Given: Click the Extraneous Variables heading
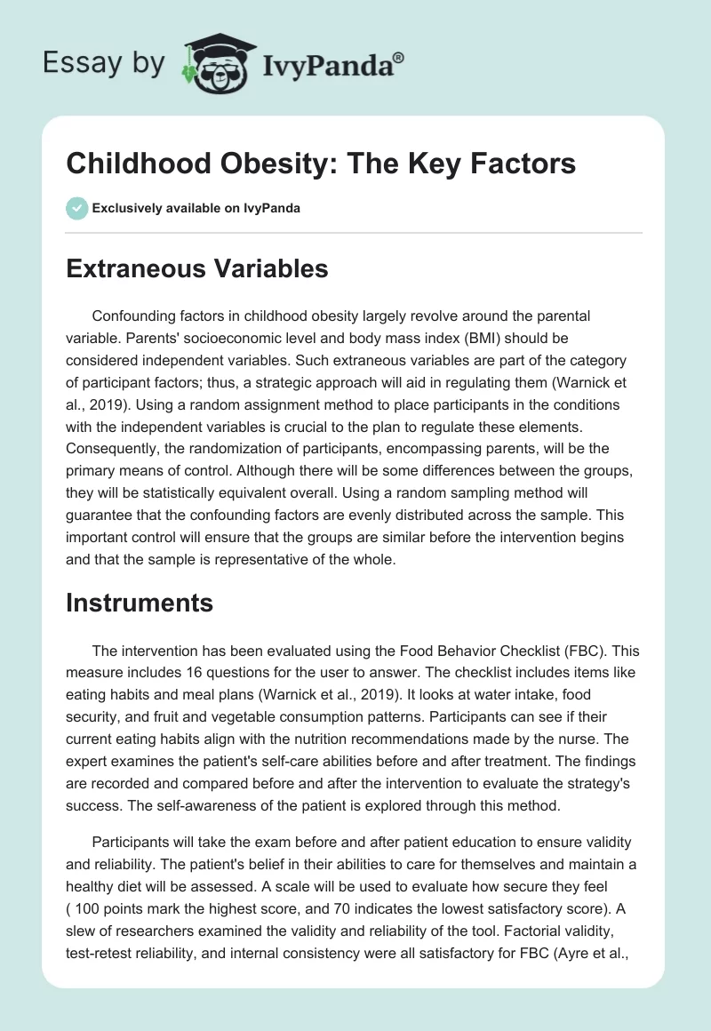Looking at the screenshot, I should [197, 268].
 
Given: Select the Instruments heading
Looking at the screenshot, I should [140, 603].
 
